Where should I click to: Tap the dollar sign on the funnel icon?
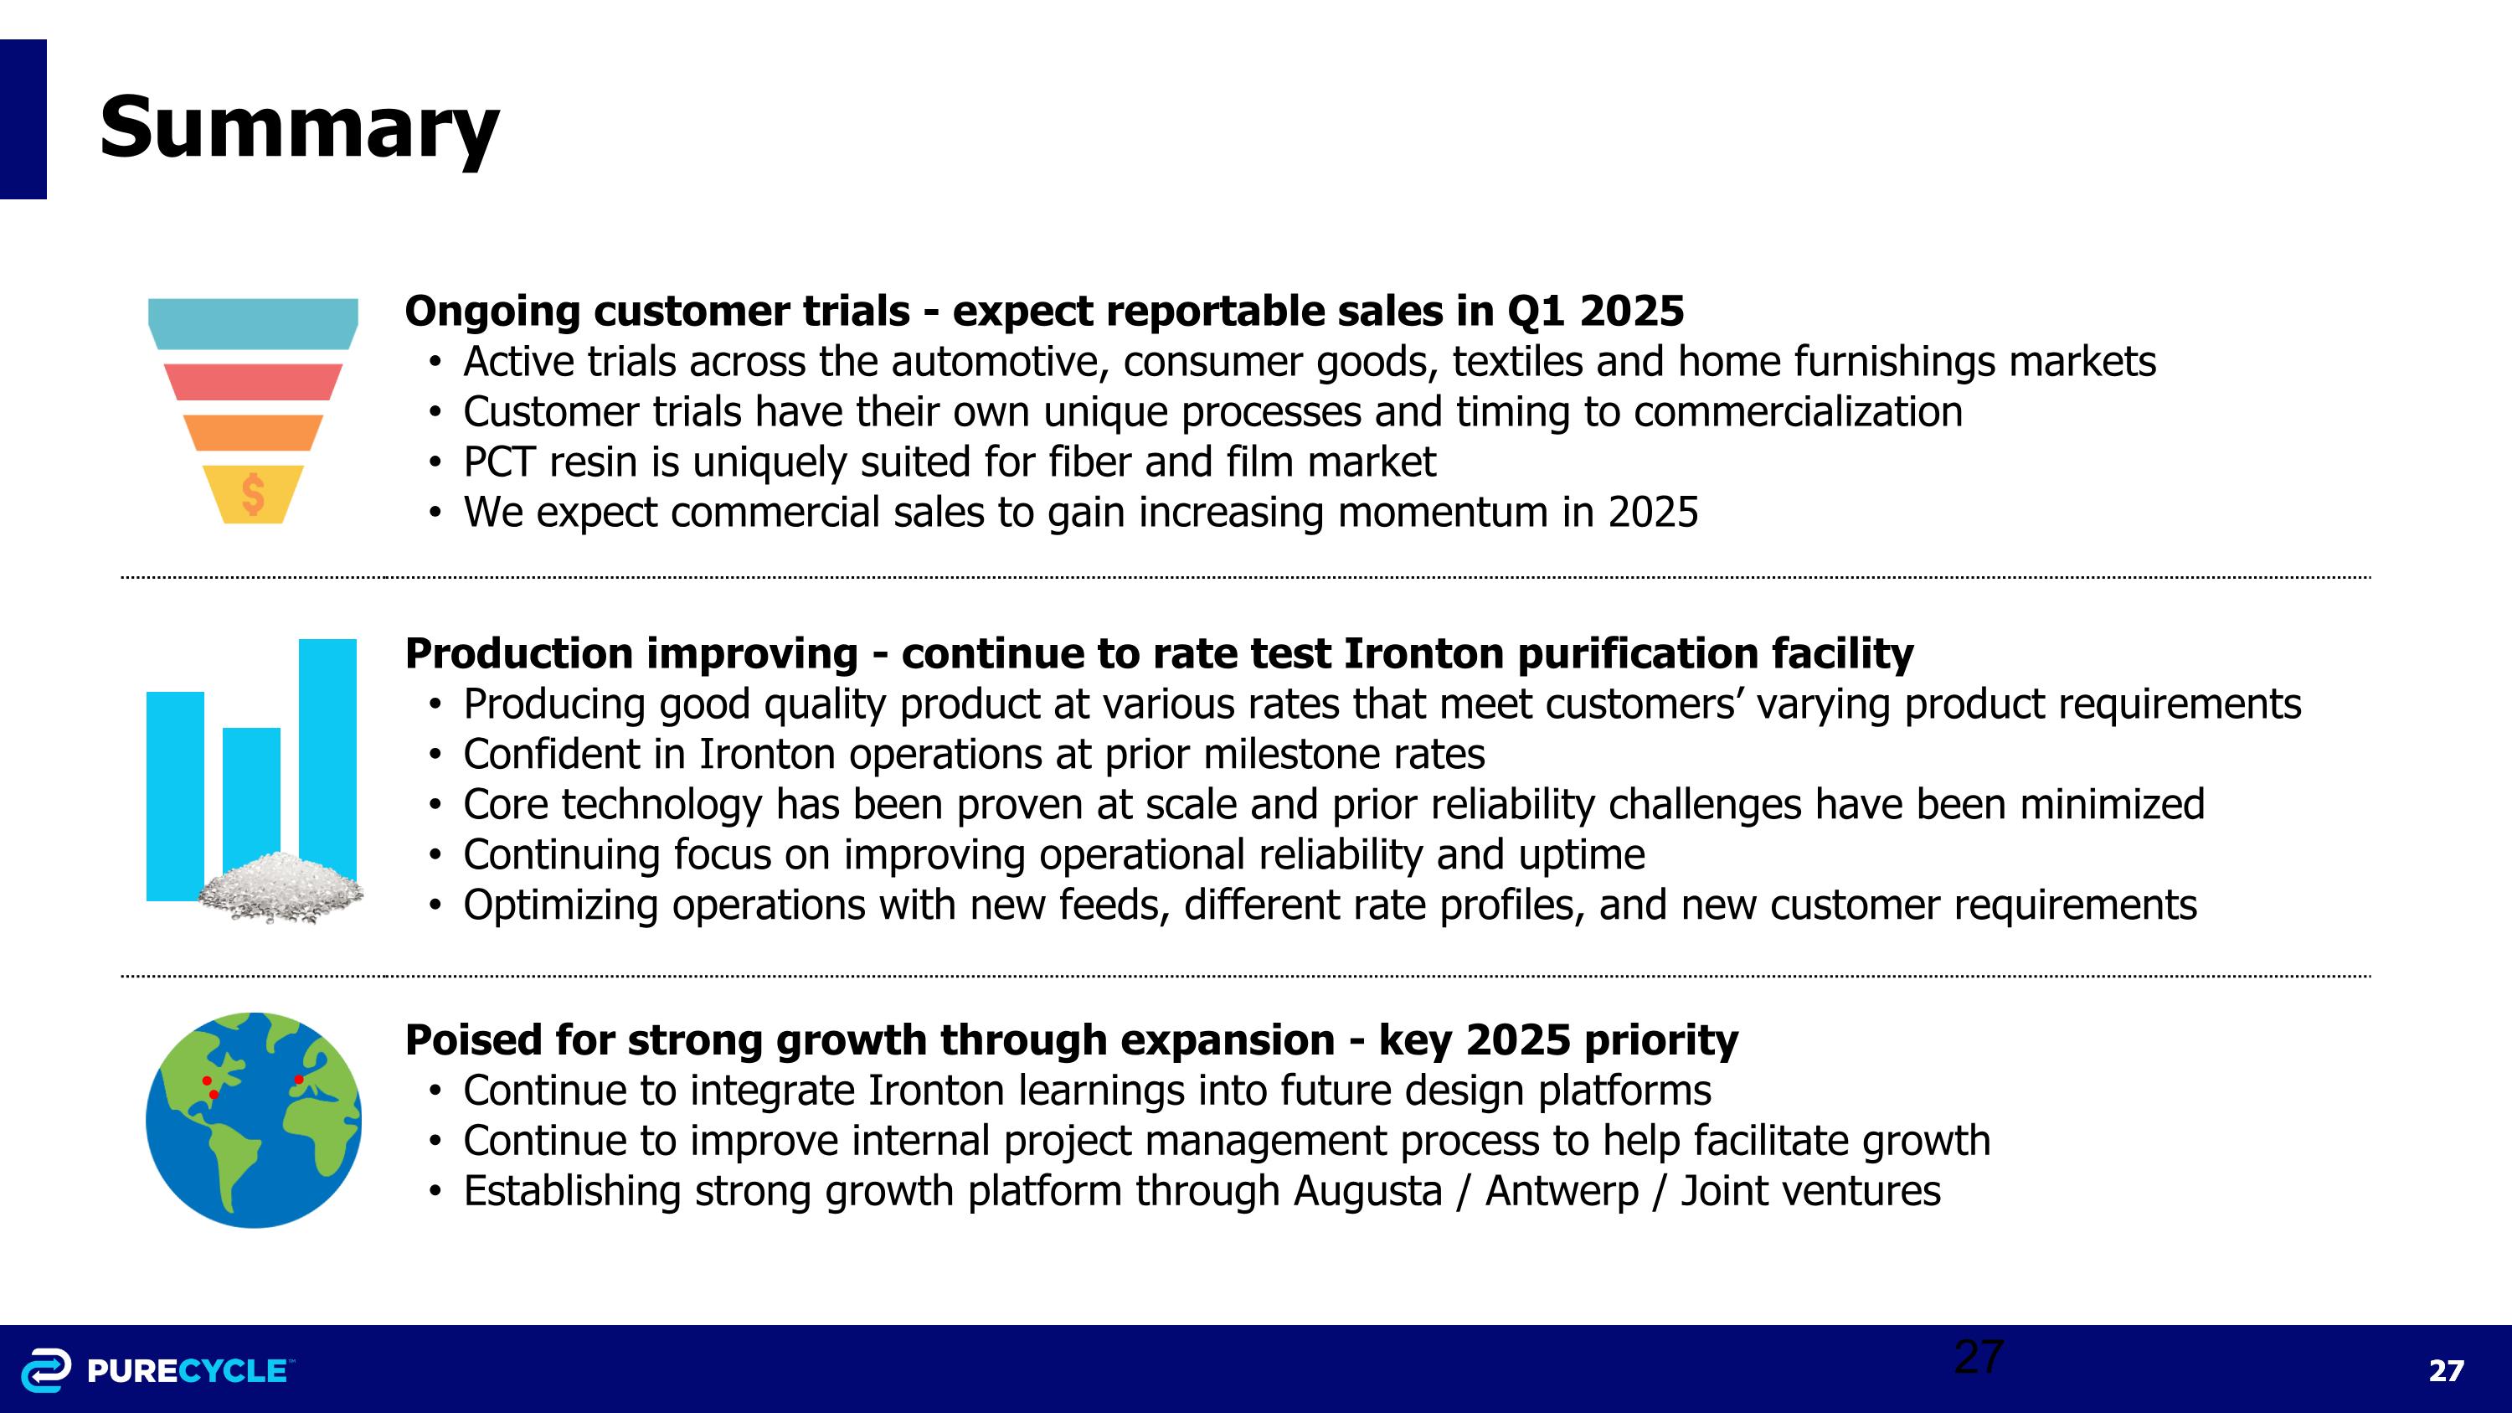[253, 494]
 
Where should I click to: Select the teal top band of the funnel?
[253, 322]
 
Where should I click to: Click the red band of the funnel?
[253, 381]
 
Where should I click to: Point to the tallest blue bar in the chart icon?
[327, 741]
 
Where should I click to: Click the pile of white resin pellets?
[281, 887]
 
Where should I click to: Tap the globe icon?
[254, 1120]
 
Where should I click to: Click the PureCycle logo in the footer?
[156, 1370]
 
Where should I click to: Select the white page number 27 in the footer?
[2446, 1371]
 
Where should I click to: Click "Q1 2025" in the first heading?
[1595, 311]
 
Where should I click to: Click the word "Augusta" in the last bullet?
[1367, 1192]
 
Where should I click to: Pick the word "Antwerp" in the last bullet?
[1562, 1192]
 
